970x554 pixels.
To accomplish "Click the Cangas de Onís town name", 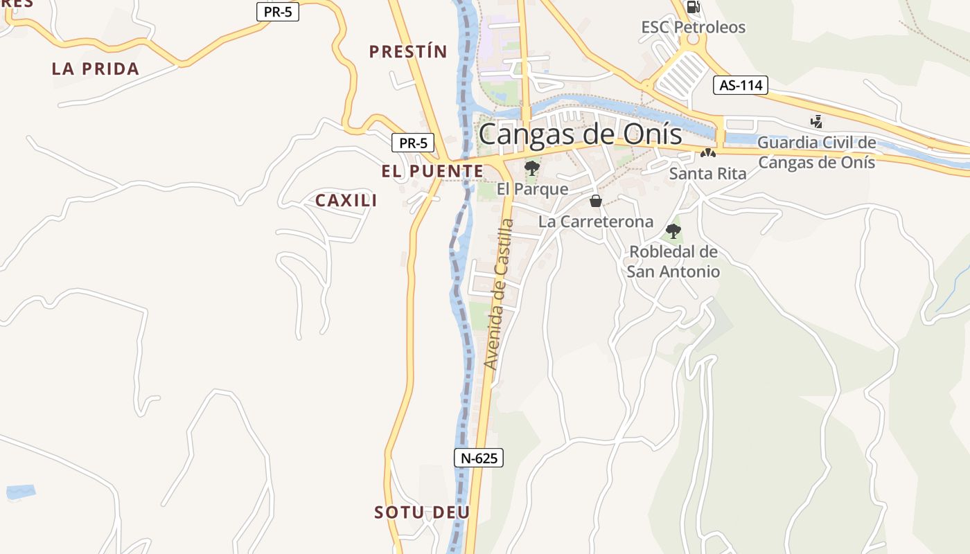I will [x=580, y=134].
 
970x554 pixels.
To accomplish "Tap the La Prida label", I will [x=96, y=69].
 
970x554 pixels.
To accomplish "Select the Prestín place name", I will [x=408, y=51].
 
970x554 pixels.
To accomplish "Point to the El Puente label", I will [x=432, y=171].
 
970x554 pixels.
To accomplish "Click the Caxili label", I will [x=346, y=201].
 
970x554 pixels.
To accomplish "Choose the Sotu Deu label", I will [x=422, y=512].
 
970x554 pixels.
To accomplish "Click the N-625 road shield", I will [x=478, y=458].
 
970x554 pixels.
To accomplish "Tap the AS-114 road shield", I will [x=741, y=85].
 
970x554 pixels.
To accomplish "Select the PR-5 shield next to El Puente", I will [x=413, y=143].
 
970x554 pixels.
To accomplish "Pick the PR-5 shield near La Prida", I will [x=278, y=12].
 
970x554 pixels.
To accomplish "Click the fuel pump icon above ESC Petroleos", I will [x=693, y=8].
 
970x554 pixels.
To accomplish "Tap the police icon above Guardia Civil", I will [x=817, y=122].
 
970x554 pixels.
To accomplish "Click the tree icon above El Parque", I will [x=532, y=168].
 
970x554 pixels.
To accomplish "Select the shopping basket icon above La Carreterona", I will [x=595, y=201].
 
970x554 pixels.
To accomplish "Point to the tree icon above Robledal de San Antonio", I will [x=673, y=231].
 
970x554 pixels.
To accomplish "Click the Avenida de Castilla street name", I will [x=500, y=294].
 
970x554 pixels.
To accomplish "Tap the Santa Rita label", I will [x=707, y=174].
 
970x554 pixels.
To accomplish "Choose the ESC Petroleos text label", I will [x=693, y=28].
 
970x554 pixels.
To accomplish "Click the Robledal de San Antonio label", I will [x=673, y=262].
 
